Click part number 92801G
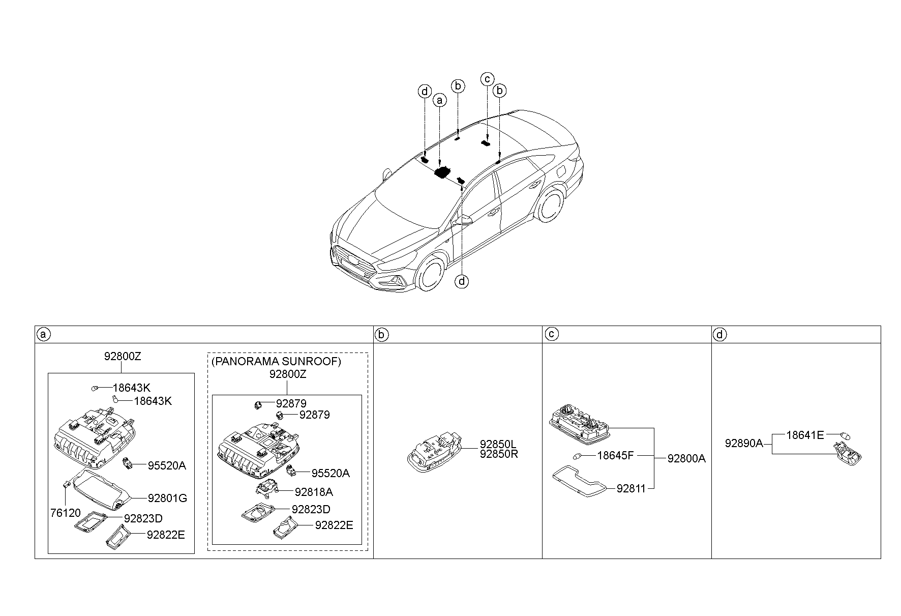tap(167, 498)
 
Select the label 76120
tap(65, 513)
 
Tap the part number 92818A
tap(314, 492)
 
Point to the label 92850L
tap(498, 444)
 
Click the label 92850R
tap(499, 454)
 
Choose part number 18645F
tap(615, 455)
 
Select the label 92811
tap(631, 488)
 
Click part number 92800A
tap(686, 458)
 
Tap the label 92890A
tap(744, 443)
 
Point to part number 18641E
tap(805, 435)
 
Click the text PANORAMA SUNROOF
tap(277, 361)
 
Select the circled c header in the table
tap(551, 334)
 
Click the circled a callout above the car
tap(439, 101)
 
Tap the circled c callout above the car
tap(487, 79)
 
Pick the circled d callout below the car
tap(462, 281)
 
